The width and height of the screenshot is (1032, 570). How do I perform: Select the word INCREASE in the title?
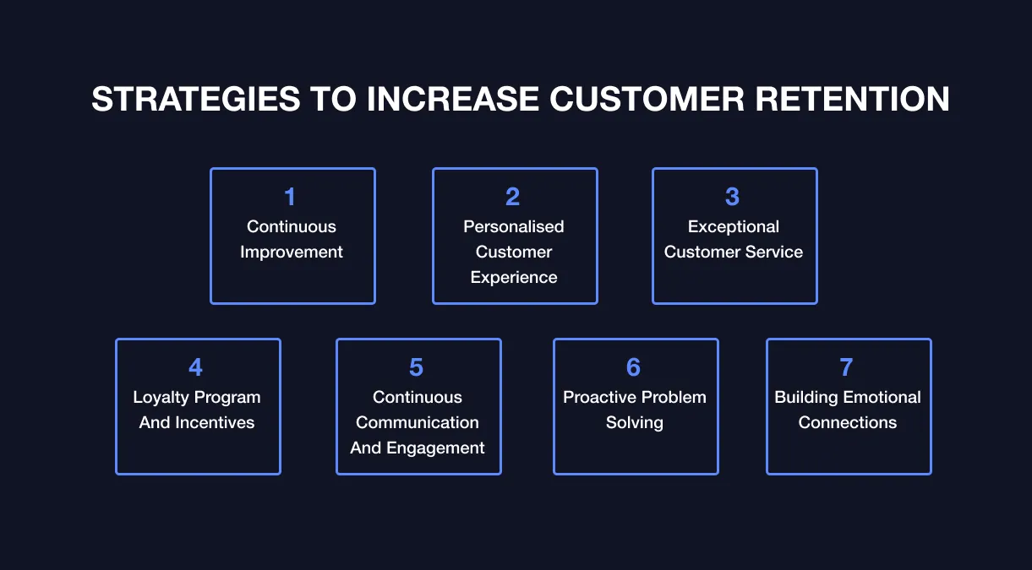453,100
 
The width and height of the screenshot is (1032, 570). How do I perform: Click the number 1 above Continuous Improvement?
291,197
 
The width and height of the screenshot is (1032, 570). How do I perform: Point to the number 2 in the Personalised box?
513,197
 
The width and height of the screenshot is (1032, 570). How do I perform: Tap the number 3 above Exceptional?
733,197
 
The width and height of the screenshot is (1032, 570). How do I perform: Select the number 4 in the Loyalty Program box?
196,367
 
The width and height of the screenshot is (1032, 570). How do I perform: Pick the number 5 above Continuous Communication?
417,367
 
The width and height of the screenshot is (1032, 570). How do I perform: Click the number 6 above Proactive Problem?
634,367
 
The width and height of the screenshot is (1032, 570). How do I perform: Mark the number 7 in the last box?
847,367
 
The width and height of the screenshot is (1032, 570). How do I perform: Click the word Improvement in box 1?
292,252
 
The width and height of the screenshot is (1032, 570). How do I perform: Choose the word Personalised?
514,227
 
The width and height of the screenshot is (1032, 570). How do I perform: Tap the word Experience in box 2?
514,278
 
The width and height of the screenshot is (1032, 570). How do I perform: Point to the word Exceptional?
734,227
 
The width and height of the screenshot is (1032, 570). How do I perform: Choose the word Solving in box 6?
635,423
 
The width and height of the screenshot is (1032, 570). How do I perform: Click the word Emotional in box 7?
881,398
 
